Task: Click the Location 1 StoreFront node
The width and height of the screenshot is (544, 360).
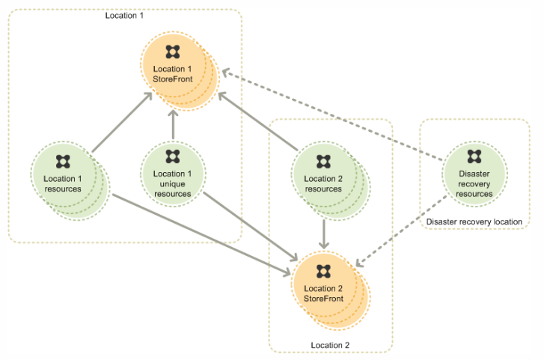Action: point(173,71)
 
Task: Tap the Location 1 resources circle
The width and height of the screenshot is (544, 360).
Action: point(63,180)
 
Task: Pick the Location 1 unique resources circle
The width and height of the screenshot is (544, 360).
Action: point(173,179)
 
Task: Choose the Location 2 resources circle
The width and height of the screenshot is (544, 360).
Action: point(323,180)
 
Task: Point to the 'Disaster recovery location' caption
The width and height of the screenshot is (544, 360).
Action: point(474,222)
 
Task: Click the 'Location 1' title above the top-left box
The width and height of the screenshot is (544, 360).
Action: point(124,15)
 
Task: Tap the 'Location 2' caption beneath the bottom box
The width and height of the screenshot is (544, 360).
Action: point(330,345)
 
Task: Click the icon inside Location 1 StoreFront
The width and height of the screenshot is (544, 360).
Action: point(173,52)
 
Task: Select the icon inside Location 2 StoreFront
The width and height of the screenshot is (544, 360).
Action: point(324,271)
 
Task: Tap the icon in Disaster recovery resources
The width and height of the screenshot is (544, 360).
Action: point(474,156)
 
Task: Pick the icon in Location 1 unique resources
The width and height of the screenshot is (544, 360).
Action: point(173,156)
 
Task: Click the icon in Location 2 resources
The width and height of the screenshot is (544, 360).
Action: point(323,161)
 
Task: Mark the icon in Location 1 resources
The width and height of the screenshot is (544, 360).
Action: point(63,161)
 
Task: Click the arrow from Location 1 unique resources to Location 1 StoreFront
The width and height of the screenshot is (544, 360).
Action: point(173,125)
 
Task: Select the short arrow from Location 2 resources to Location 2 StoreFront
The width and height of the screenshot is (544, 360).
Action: point(323,233)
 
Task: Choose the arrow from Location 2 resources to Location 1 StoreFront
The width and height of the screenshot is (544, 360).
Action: point(258,113)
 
